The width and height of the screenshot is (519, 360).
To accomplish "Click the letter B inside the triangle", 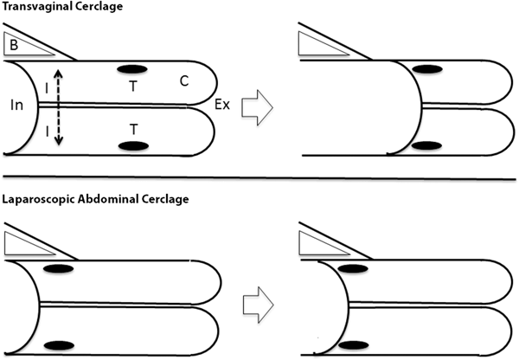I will (x=13, y=42).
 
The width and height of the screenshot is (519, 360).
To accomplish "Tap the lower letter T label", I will (x=132, y=127).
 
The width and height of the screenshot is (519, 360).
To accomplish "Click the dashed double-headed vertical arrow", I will (x=56, y=104).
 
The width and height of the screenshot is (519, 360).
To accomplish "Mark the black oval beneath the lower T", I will (x=132, y=145).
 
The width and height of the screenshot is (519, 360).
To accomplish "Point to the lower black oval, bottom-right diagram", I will (x=349, y=344).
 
